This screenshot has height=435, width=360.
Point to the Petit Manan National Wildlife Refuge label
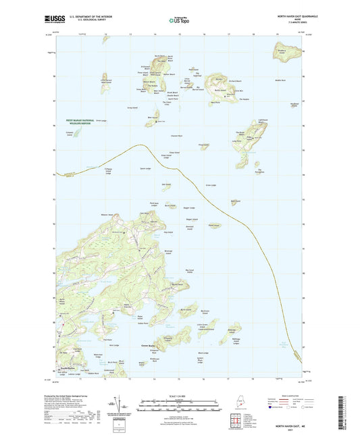point(83,122)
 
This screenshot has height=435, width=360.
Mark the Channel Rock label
point(177,135)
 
